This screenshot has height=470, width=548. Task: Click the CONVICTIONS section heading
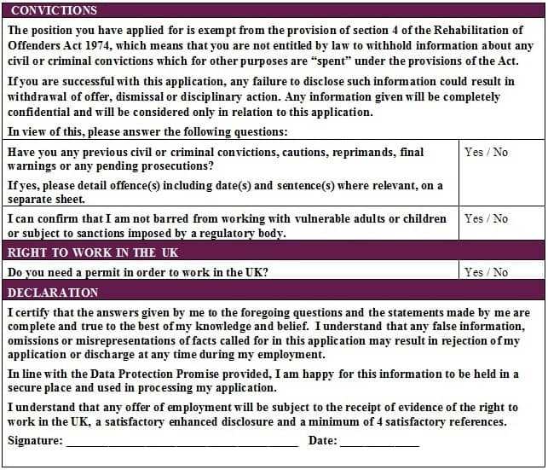(x=54, y=10)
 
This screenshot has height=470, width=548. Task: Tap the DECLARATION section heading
(x=53, y=292)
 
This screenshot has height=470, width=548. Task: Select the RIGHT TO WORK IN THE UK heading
(x=93, y=252)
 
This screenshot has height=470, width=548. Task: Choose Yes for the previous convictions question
(x=474, y=152)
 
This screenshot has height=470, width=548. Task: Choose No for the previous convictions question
(x=500, y=152)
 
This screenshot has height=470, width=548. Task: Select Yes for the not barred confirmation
(x=474, y=218)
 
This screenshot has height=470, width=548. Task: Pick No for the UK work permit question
(x=500, y=272)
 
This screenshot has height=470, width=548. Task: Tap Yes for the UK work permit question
(x=474, y=272)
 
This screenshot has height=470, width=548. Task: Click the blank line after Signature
(x=182, y=442)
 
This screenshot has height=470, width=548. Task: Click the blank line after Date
(x=379, y=442)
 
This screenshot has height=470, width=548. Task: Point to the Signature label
(x=35, y=441)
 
